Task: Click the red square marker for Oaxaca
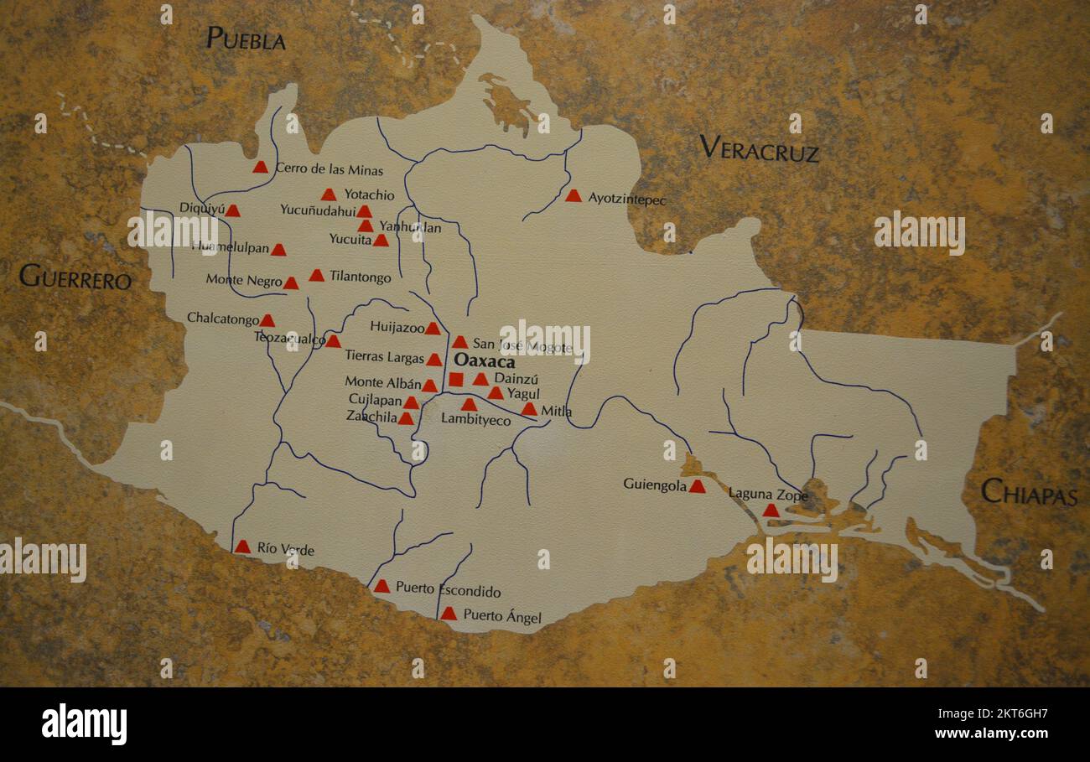point(455,380)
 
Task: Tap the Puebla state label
point(246,39)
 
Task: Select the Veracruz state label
point(759,149)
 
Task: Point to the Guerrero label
point(75,277)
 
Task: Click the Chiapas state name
point(1029,492)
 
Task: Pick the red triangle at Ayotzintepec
point(573,196)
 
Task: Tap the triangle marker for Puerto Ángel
point(449,614)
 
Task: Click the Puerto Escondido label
point(448,590)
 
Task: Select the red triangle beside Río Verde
point(242,547)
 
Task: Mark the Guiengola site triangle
point(697,486)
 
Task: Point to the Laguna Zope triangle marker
point(771,510)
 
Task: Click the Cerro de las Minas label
point(329,170)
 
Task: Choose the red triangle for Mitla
point(529,410)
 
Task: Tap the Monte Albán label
point(382,382)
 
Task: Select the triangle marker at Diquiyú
point(232,211)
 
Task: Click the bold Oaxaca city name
point(484,362)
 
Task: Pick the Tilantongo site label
point(360,277)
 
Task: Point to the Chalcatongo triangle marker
point(267,320)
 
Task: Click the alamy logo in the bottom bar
point(84,724)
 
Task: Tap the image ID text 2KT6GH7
point(1005,714)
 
